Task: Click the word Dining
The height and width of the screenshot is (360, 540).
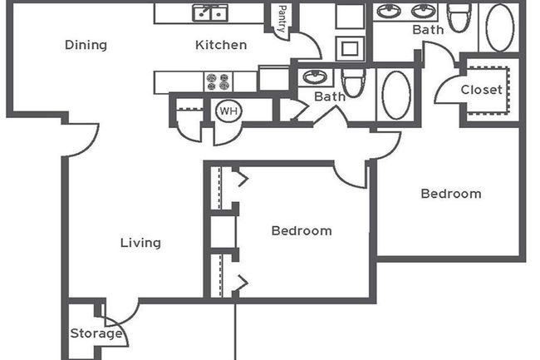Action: pyautogui.click(x=86, y=45)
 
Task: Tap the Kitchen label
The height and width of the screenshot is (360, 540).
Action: pyautogui.click(x=221, y=45)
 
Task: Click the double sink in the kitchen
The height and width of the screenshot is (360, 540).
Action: pyautogui.click(x=211, y=12)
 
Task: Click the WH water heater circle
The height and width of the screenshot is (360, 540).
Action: pyautogui.click(x=227, y=111)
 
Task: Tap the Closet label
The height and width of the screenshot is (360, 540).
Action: pyautogui.click(x=482, y=90)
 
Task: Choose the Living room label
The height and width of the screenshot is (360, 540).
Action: pyautogui.click(x=140, y=243)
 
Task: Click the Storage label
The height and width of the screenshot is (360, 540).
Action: pyautogui.click(x=96, y=334)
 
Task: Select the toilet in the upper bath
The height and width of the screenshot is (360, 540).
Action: pyautogui.click(x=458, y=16)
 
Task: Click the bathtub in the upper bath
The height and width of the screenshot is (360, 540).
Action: pyautogui.click(x=500, y=27)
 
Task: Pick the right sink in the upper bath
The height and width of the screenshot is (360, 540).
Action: pyautogui.click(x=424, y=12)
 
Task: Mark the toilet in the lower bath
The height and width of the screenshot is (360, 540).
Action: pyautogui.click(x=353, y=83)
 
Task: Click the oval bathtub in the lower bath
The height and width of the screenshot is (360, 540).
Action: pyautogui.click(x=395, y=94)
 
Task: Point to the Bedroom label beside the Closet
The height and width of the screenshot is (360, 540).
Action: pyautogui.click(x=450, y=194)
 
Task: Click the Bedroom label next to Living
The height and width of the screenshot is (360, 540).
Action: pyautogui.click(x=302, y=230)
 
